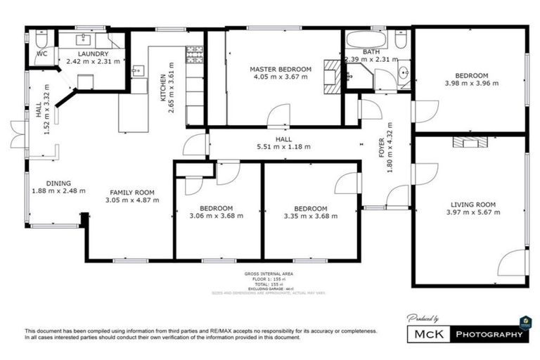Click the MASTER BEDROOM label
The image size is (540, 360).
pyautogui.click(x=280, y=69)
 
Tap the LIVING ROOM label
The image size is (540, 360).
pyautogui.click(x=473, y=205)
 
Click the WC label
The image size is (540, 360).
pyautogui.click(x=41, y=53)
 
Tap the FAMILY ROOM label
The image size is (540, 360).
pyautogui.click(x=132, y=192)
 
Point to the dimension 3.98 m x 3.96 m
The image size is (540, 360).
pyautogui.click(x=471, y=84)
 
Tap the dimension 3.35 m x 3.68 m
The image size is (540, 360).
pyautogui.click(x=310, y=217)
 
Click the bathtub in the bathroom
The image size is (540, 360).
pyautogui.click(x=365, y=39)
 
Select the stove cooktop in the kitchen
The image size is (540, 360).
pyautogui.click(x=194, y=53)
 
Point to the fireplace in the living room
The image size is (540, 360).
pyautogui.click(x=469, y=142)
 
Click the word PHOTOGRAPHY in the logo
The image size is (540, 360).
pyautogui.click(x=489, y=333)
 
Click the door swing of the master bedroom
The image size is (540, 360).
pyautogui.click(x=279, y=115)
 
